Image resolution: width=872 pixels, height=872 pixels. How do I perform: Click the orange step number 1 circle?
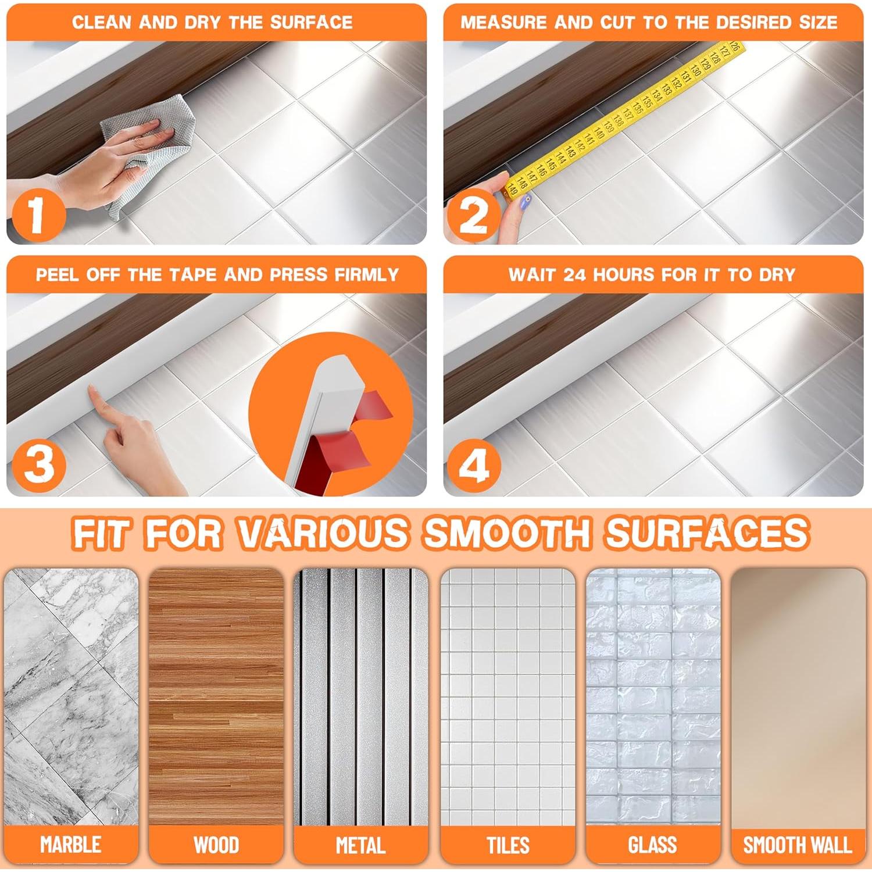(37, 215)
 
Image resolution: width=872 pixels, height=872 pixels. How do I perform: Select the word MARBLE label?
(70, 844)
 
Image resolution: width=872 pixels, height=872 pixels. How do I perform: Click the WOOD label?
(216, 844)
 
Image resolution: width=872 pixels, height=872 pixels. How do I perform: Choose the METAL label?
(360, 844)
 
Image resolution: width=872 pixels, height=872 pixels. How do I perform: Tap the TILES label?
(508, 844)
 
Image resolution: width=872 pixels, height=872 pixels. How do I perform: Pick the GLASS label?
(652, 844)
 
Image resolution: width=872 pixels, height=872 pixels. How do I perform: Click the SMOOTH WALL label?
(798, 844)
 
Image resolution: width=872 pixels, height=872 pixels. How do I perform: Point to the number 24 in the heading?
(575, 274)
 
